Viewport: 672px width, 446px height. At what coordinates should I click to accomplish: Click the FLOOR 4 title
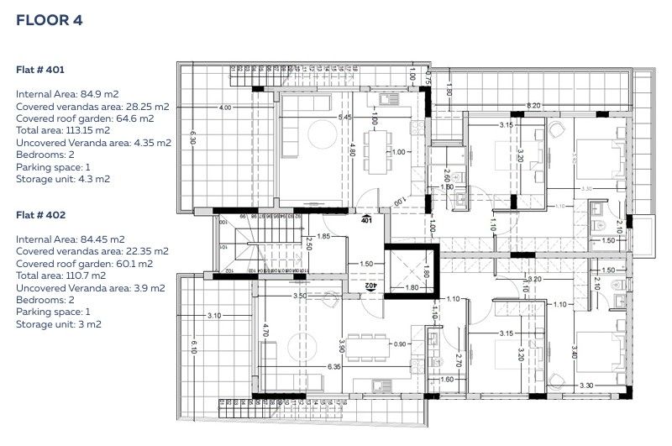click(49, 20)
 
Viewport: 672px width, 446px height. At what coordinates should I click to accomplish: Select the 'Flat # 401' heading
click(40, 70)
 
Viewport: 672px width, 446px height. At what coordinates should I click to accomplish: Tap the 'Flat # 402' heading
click(40, 215)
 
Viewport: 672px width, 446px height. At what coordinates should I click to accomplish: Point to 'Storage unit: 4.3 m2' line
click(63, 179)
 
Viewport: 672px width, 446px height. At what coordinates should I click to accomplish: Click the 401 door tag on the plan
click(365, 220)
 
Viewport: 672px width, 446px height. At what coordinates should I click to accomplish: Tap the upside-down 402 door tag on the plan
click(369, 286)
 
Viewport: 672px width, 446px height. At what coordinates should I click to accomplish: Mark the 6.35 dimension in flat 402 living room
click(334, 366)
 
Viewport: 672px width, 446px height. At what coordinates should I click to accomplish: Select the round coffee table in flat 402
click(298, 344)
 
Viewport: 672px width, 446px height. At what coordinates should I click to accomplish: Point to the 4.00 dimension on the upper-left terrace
click(224, 108)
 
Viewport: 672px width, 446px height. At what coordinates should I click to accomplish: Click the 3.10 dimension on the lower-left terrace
click(213, 316)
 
